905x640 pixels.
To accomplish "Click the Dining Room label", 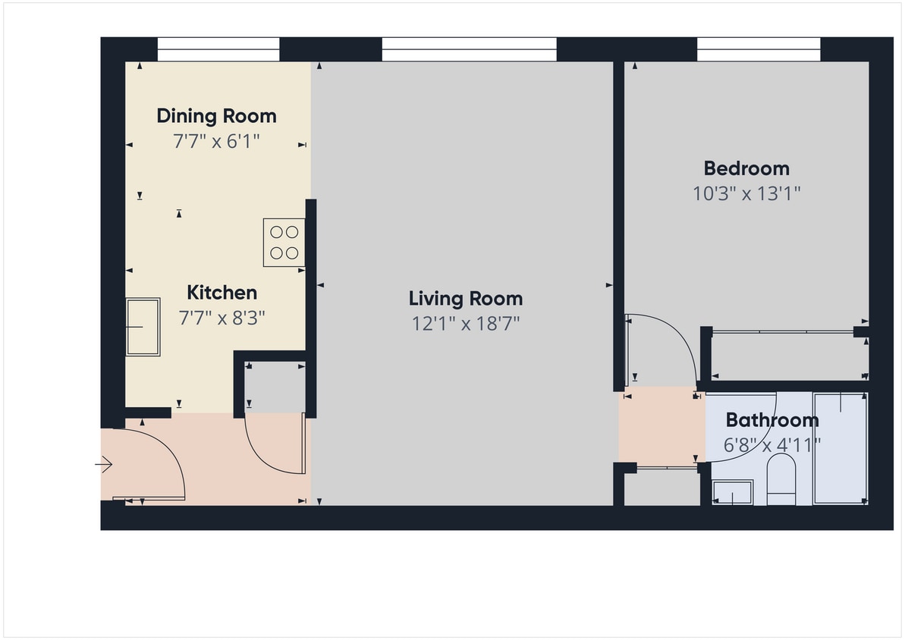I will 216,116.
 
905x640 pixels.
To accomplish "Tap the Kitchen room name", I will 222,293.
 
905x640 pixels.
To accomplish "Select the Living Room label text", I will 465,298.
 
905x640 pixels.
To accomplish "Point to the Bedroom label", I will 746,168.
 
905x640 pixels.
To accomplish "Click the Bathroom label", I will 772,420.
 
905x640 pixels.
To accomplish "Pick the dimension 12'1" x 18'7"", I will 465,324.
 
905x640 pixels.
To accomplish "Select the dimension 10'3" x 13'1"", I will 746,193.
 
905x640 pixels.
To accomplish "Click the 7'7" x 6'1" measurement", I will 216,141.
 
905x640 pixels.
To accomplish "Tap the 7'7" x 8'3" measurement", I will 222,318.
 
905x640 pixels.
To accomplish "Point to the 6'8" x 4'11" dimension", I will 772,445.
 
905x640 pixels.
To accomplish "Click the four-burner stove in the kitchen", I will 284,242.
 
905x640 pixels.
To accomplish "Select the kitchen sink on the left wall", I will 143,327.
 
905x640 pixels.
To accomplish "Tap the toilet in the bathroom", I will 781,480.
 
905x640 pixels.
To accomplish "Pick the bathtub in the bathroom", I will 841,447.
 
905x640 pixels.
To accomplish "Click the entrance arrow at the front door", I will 104,464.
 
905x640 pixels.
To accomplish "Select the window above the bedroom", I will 758,50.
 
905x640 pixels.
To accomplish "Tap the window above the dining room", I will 218,50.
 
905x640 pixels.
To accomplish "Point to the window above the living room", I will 468,50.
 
